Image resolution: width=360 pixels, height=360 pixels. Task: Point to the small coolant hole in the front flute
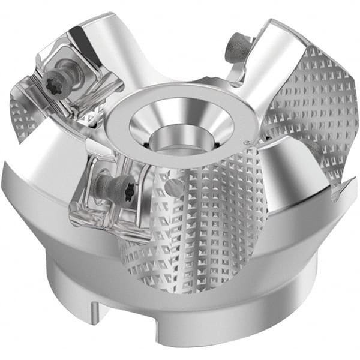tap(175, 188)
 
